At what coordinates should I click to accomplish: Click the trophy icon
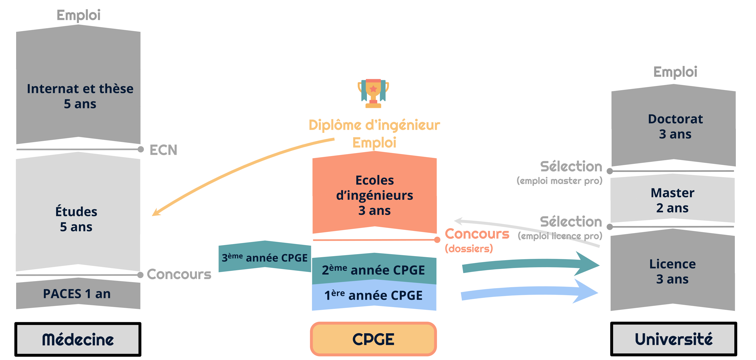(x=373, y=93)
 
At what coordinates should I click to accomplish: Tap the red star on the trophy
(x=373, y=89)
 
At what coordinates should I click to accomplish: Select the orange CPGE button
(x=373, y=339)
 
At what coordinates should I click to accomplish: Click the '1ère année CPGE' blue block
(x=374, y=295)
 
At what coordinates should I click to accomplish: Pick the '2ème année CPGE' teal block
(x=374, y=270)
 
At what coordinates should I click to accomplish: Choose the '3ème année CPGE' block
(x=264, y=257)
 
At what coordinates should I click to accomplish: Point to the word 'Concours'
(x=477, y=234)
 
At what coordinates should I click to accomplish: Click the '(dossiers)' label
(x=469, y=249)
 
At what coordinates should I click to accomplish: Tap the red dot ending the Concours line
(x=437, y=240)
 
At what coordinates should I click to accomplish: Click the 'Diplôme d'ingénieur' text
(x=374, y=125)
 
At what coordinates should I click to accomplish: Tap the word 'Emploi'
(x=374, y=143)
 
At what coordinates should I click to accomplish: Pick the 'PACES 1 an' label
(x=77, y=294)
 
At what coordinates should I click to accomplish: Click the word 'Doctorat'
(x=675, y=119)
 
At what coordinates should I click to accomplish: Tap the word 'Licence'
(x=672, y=264)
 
